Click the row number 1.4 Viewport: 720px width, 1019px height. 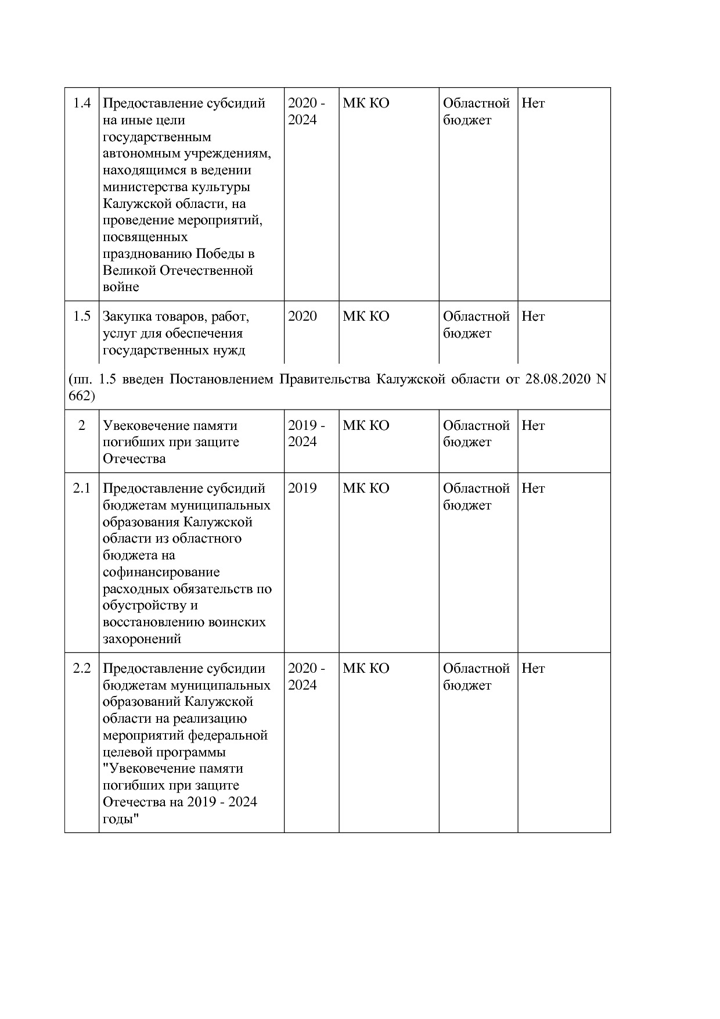pyautogui.click(x=82, y=103)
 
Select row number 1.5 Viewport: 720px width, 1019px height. pyautogui.click(x=82, y=317)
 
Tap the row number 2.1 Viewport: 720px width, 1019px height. pyautogui.click(x=82, y=489)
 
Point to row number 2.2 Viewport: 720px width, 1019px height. pyautogui.click(x=82, y=669)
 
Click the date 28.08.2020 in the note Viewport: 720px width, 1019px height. pyautogui.click(x=557, y=380)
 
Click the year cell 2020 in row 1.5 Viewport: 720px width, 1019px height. pyautogui.click(x=303, y=317)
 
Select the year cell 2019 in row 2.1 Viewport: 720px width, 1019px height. pyautogui.click(x=303, y=489)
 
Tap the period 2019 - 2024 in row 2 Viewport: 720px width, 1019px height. pyautogui.click(x=306, y=433)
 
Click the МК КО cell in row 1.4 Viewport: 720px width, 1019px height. pyautogui.click(x=366, y=103)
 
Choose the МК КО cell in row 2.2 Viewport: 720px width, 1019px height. pyautogui.click(x=366, y=669)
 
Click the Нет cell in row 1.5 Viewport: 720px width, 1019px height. pyautogui.click(x=533, y=317)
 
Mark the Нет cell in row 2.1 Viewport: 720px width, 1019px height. pyautogui.click(x=533, y=489)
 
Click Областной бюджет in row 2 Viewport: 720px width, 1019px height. pyautogui.click(x=476, y=433)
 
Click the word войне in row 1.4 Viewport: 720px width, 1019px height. pyautogui.click(x=121, y=287)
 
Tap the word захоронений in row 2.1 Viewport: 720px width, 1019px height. pyautogui.click(x=142, y=639)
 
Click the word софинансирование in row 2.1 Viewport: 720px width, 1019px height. pyautogui.click(x=161, y=572)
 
